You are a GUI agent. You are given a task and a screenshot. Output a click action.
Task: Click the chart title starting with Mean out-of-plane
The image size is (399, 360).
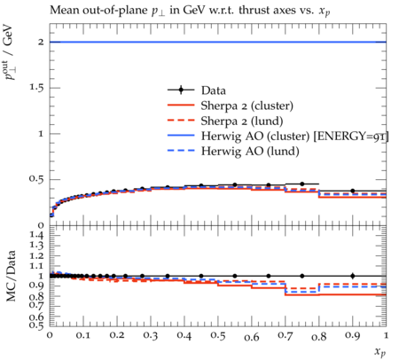(190, 11)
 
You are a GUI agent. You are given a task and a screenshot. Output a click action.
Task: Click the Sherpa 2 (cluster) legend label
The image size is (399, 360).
(247, 106)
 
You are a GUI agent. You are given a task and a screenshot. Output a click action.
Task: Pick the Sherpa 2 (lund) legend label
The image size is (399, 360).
(242, 121)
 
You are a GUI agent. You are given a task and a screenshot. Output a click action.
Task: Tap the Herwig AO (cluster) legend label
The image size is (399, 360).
(294, 137)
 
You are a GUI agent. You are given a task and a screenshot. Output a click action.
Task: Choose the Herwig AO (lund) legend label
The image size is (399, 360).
(250, 152)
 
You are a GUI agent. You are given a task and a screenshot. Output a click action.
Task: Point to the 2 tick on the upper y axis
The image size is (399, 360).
(41, 42)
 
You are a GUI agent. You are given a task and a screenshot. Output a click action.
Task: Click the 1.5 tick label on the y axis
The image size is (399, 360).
(36, 88)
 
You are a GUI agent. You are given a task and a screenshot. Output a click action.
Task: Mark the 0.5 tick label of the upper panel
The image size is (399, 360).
(36, 179)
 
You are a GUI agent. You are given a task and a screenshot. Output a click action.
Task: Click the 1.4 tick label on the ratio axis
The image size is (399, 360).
(36, 235)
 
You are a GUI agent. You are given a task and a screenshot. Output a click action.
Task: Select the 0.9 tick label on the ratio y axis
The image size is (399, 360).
(36, 286)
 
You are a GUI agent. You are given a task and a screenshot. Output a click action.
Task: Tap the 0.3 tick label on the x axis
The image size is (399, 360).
(151, 335)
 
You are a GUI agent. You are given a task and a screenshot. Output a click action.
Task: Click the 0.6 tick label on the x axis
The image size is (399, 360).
(252, 337)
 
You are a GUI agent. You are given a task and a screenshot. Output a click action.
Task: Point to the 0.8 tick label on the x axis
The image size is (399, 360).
(319, 337)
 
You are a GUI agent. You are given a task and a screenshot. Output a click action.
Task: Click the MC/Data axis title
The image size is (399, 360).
(11, 276)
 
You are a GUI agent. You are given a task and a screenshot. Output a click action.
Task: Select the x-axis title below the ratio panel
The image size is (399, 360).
(380, 352)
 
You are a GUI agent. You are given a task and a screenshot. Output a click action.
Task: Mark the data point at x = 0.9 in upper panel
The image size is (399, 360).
(353, 191)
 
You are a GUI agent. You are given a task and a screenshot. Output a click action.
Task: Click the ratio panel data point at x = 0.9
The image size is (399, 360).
(353, 276)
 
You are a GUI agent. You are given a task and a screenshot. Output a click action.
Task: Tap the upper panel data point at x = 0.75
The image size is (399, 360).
(302, 184)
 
